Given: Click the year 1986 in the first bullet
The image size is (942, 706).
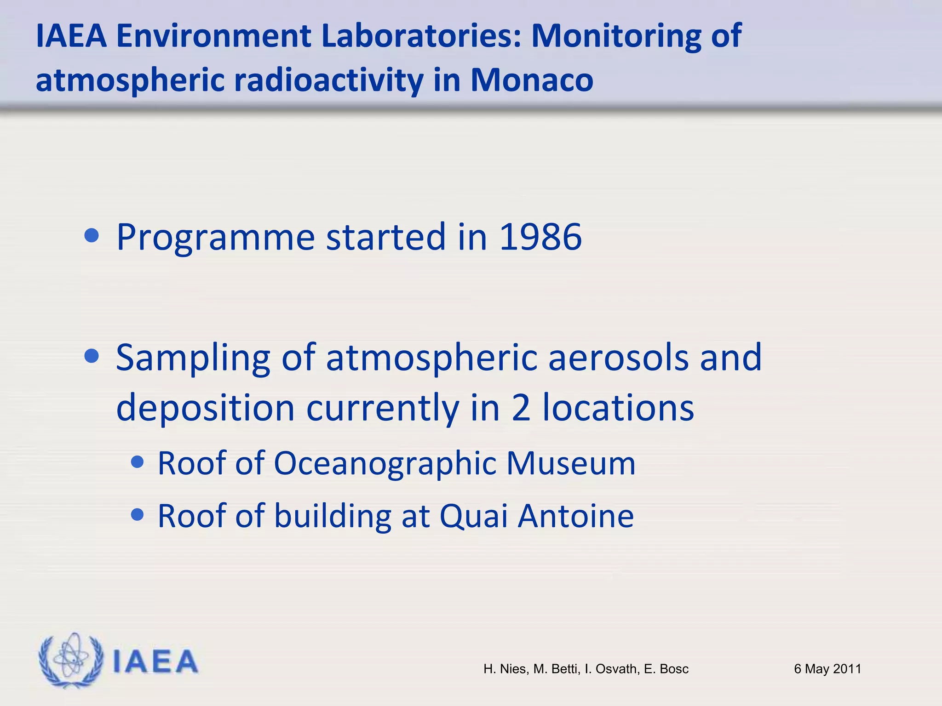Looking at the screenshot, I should coord(540,237).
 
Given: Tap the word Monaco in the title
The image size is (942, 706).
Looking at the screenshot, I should coord(531,80).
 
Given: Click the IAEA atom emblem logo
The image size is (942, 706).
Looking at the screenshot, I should coord(70,660).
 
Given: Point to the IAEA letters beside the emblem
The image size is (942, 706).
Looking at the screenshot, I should coord(155,662).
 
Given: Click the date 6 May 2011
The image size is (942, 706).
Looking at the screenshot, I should coord(827,669).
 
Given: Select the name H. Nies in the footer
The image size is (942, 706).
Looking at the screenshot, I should coord(505,669).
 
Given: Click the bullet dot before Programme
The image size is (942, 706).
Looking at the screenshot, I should coord(92,236).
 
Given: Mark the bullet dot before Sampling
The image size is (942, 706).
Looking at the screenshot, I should coord(92,356).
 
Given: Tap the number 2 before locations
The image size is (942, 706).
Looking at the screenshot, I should coord(521,407).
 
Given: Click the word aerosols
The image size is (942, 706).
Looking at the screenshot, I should coord(618,358).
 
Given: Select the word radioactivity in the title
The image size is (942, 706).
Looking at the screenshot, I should coord(328,80).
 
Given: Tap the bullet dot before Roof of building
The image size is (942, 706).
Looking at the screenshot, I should coord(137,514).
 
